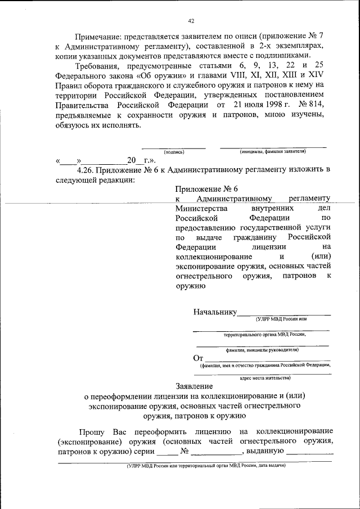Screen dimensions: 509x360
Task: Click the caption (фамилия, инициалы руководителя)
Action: [x=262, y=349]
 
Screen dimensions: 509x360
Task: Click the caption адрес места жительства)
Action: [x=264, y=379]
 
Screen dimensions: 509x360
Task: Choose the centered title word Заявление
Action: [x=194, y=386]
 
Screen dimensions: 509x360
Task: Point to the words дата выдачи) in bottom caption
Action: [x=271, y=466]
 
